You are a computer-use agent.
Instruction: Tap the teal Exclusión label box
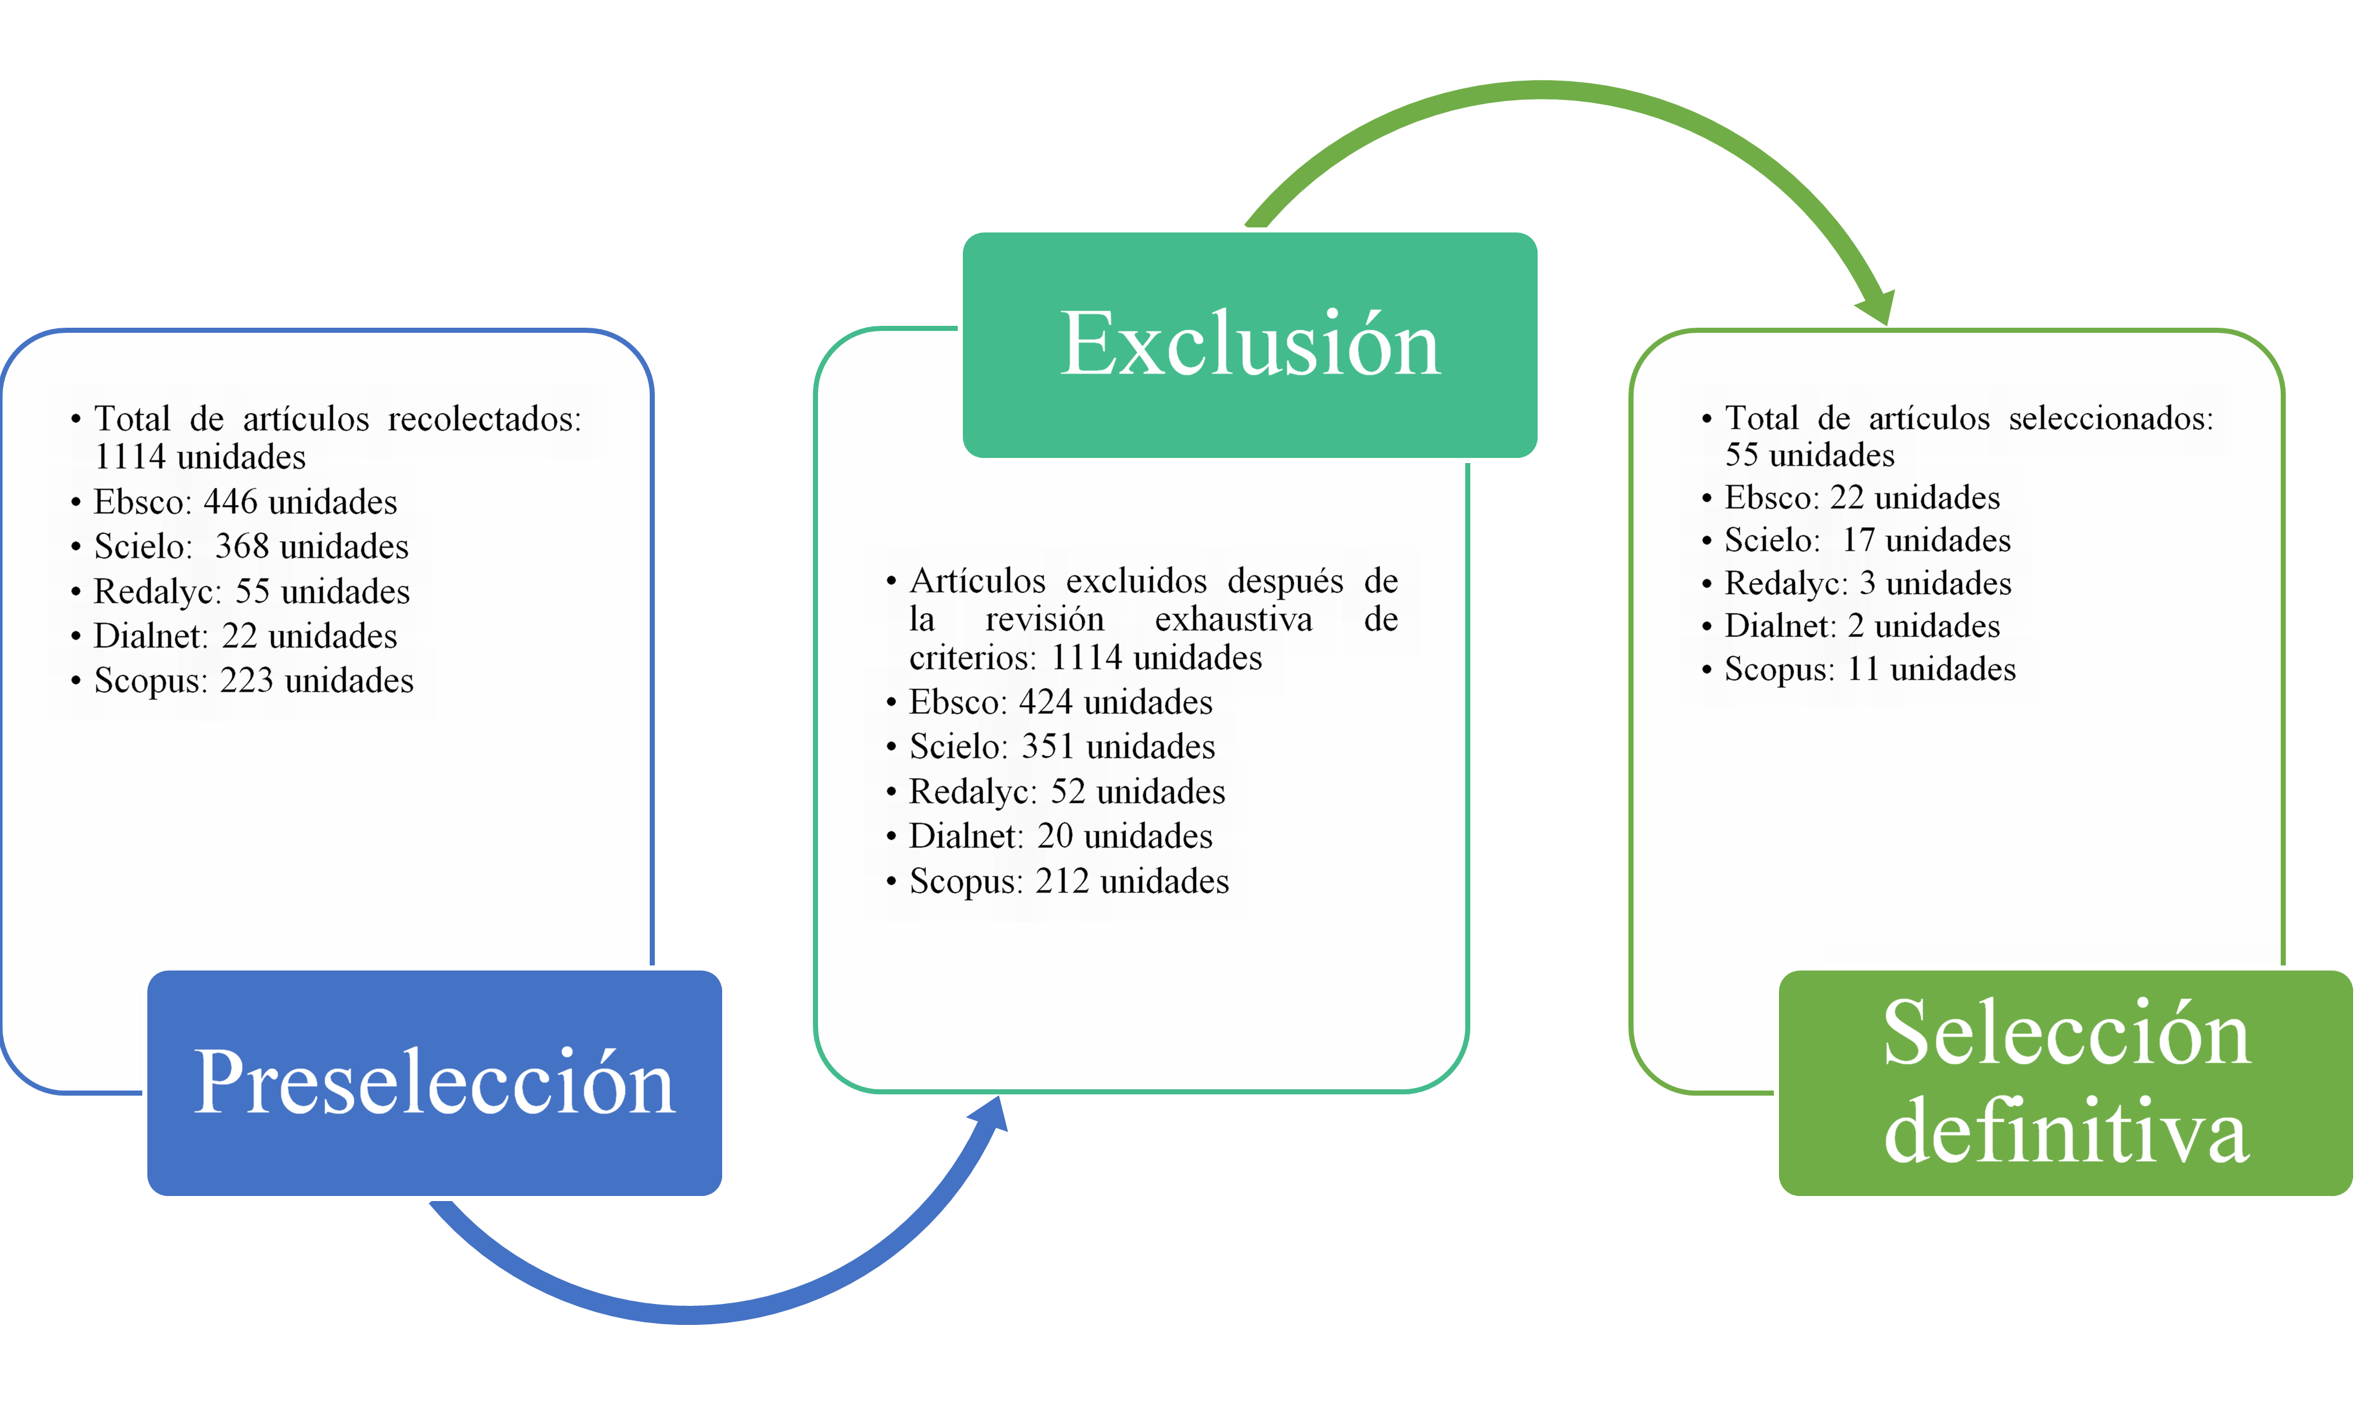pyautogui.click(x=1250, y=344)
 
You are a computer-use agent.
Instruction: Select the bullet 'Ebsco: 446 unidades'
pyautogui.click(x=245, y=502)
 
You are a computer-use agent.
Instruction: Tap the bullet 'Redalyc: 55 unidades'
pyautogui.click(x=252, y=591)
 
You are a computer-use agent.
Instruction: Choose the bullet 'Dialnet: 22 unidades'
pyautogui.click(x=245, y=635)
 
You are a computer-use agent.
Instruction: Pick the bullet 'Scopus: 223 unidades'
pyautogui.click(x=253, y=680)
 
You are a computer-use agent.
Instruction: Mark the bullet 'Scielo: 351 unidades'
pyautogui.click(x=1062, y=746)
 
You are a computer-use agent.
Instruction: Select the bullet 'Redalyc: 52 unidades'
pyautogui.click(x=1067, y=791)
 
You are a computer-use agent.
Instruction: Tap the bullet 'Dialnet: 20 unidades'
pyautogui.click(x=1060, y=836)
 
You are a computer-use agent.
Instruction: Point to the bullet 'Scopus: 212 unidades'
pyautogui.click(x=1069, y=881)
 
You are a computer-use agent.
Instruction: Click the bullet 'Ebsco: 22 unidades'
pyautogui.click(x=1862, y=498)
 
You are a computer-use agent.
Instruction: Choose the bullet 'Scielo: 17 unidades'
pyautogui.click(x=1867, y=541)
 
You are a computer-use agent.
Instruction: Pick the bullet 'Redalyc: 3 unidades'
pyautogui.click(x=1867, y=584)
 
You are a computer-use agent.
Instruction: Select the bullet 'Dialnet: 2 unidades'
pyautogui.click(x=1862, y=626)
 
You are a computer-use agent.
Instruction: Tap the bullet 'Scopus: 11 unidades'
pyautogui.click(x=1869, y=669)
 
